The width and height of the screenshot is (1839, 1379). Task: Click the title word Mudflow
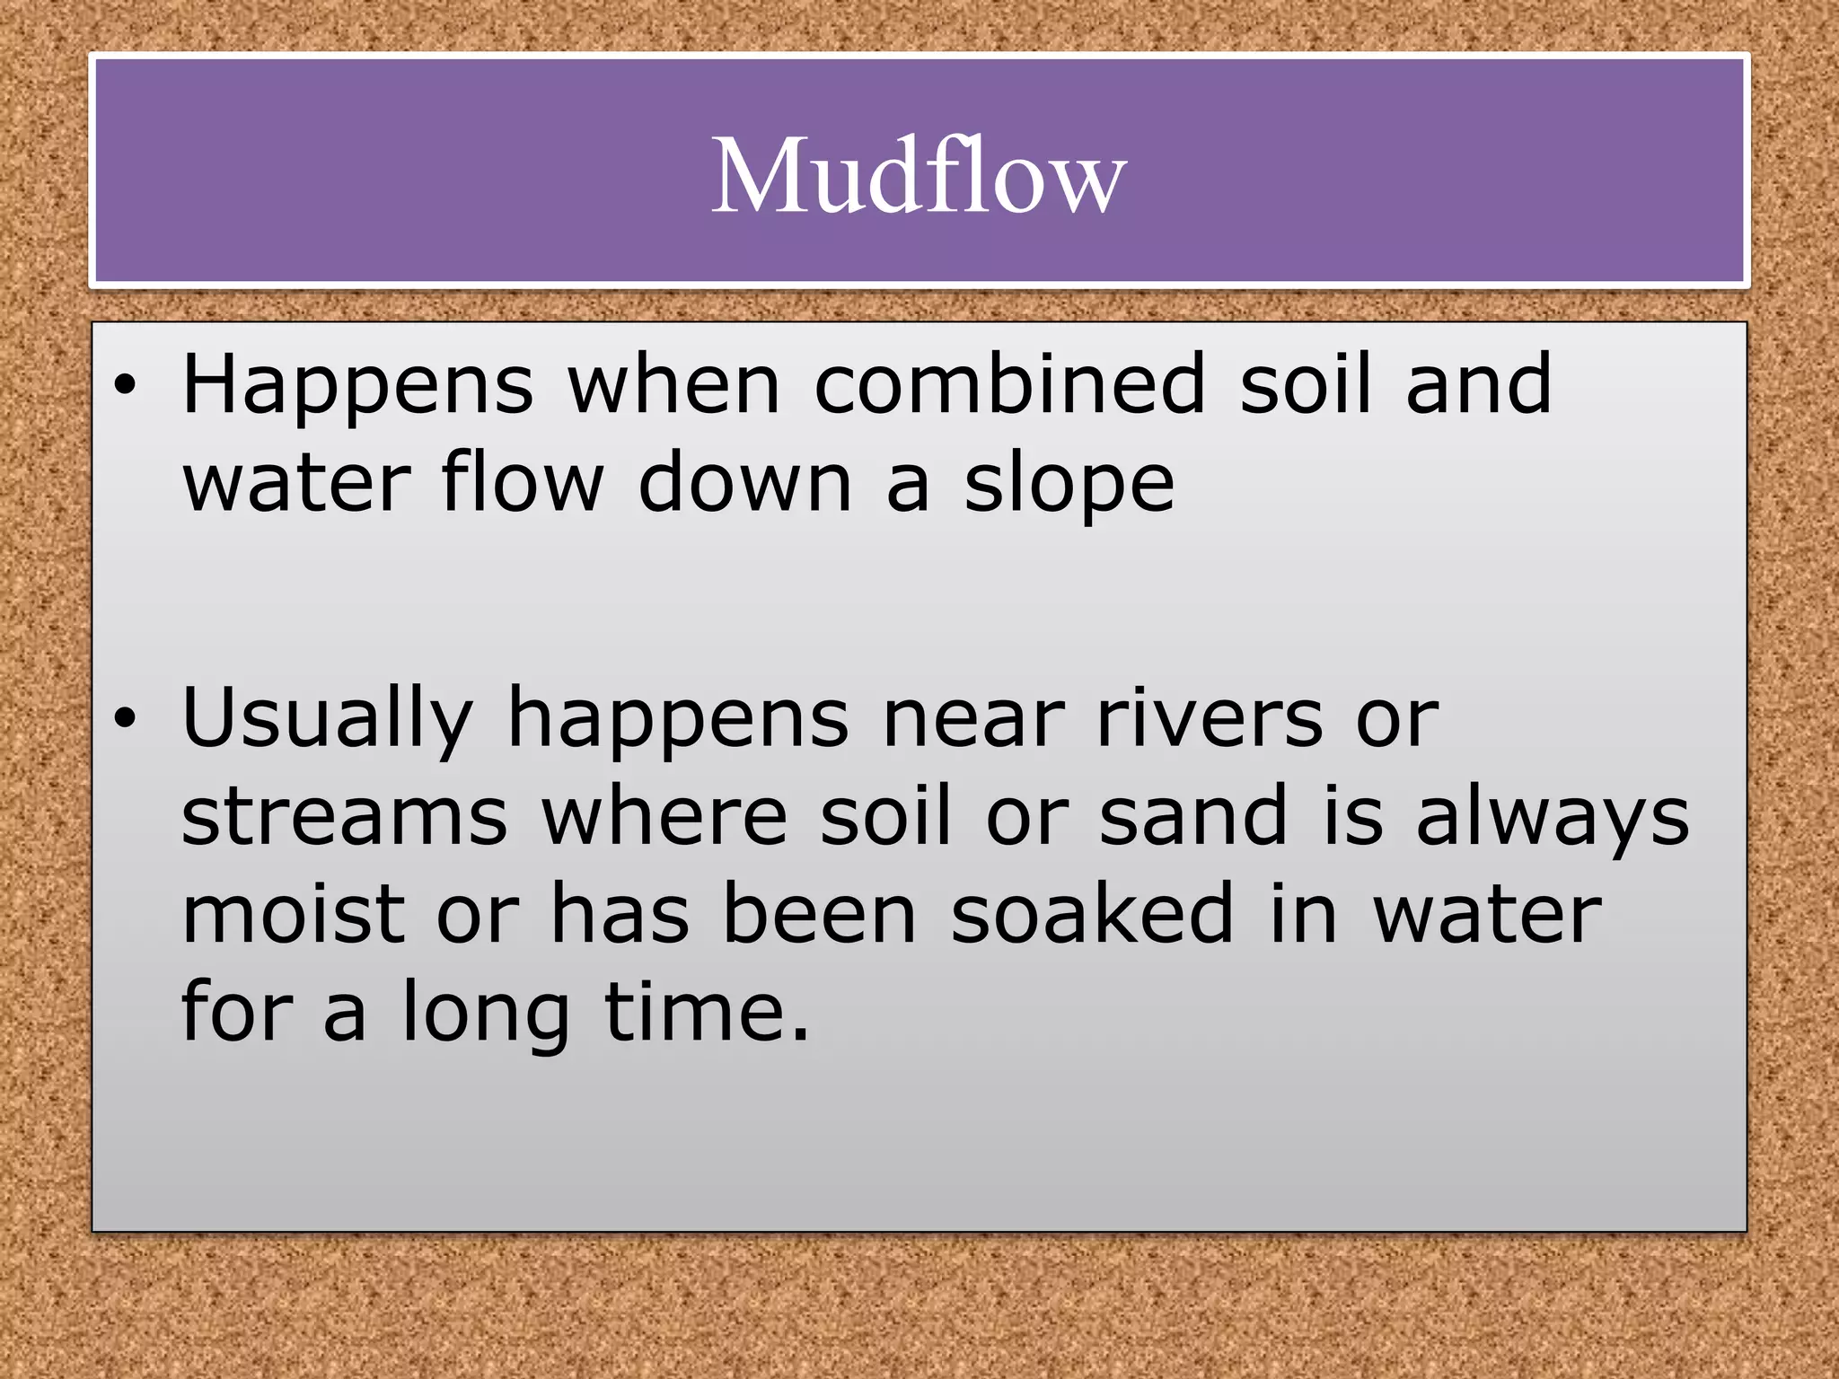point(919,176)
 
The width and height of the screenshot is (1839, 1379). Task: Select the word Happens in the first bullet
point(357,386)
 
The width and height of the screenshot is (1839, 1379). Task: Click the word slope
point(1069,485)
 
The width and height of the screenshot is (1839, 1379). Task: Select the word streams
point(345,817)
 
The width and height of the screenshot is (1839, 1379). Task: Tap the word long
point(485,1014)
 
